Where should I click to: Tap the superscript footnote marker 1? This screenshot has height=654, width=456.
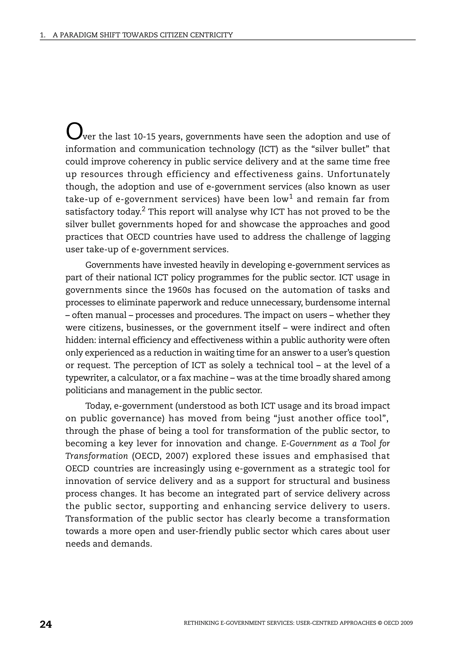[x=291, y=197]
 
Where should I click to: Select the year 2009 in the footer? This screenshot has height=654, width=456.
[x=406, y=623]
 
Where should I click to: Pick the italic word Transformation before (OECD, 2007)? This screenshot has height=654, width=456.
[x=97, y=456]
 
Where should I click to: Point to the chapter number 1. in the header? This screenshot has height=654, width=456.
[x=43, y=35]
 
